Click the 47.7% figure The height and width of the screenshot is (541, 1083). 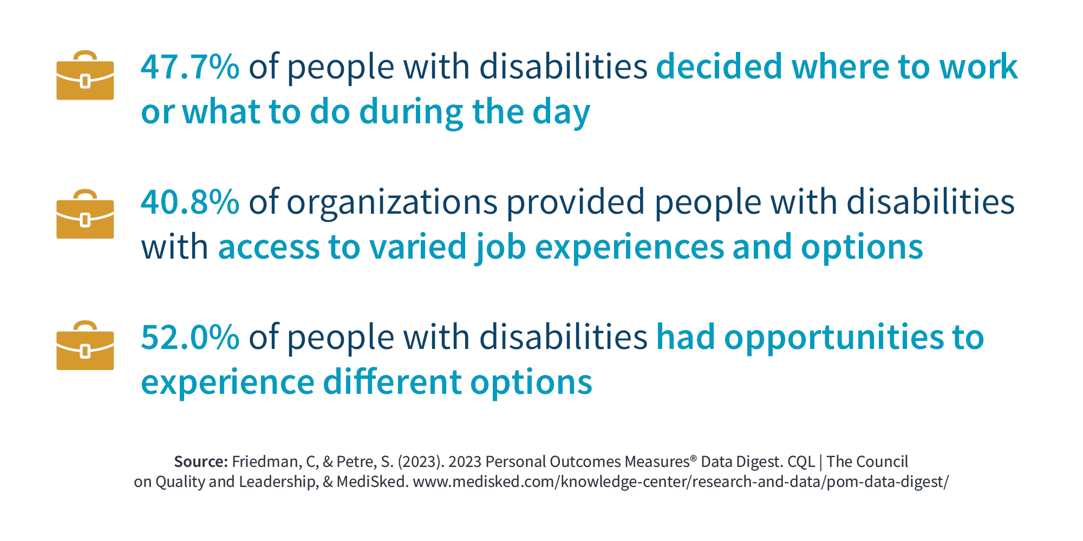[190, 67]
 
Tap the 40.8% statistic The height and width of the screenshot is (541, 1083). [190, 202]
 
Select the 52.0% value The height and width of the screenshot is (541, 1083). [190, 337]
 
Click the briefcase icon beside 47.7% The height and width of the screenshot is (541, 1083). [85, 75]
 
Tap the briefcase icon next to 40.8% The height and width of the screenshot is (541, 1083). [85, 214]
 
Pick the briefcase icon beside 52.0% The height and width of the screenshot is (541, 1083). [85, 345]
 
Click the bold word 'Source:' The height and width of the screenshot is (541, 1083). [201, 461]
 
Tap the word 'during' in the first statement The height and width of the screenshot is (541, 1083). [411, 113]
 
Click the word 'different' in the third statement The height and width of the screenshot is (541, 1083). [393, 382]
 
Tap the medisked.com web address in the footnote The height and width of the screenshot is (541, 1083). [681, 482]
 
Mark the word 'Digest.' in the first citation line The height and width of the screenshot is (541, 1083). [756, 463]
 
